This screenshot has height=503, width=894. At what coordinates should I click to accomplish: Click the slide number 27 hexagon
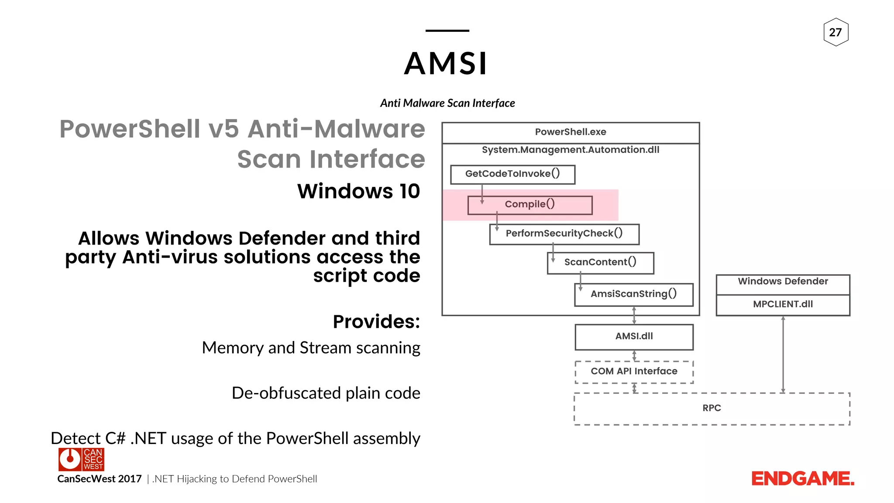[836, 32]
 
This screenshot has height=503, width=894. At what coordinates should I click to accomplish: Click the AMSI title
[446, 64]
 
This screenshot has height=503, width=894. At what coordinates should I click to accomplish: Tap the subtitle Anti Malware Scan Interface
[447, 103]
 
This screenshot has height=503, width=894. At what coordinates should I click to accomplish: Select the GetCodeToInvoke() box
[512, 174]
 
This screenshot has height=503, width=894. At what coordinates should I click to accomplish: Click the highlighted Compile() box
[530, 204]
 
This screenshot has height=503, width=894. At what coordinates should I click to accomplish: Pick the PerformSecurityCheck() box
[564, 234]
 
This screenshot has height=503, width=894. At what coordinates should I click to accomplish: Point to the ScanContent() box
[600, 262]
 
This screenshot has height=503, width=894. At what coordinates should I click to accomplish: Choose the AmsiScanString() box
[633, 294]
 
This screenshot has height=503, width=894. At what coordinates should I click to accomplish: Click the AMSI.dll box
[634, 337]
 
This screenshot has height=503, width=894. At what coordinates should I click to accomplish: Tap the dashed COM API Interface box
[634, 372]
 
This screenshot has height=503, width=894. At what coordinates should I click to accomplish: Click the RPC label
[712, 408]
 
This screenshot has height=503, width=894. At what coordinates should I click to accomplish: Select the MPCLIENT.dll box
[783, 305]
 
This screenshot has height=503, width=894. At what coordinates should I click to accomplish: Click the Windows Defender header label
[783, 282]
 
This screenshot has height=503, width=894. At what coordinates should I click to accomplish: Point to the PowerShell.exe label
[570, 132]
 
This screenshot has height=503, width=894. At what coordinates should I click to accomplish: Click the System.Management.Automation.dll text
[570, 150]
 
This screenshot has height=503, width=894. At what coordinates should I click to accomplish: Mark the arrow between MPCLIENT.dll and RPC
[783, 354]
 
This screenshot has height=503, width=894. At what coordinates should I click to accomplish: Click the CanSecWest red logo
[81, 459]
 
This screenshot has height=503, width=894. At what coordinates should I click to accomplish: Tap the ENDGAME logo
[802, 479]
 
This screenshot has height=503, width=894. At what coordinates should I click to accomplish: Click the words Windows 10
[358, 191]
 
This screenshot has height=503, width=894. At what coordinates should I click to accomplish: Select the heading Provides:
[376, 322]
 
